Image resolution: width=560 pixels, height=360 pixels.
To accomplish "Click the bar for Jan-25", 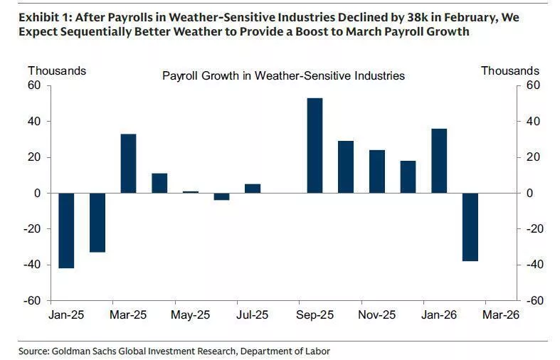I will click(x=66, y=231).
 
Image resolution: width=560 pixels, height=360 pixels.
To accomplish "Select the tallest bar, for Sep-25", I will click(x=315, y=145).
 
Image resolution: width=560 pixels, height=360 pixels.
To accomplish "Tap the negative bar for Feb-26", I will click(x=470, y=227).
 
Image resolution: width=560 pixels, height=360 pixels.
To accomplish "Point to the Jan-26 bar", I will click(x=439, y=161).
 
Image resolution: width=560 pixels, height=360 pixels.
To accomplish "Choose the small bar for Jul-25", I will click(x=253, y=189).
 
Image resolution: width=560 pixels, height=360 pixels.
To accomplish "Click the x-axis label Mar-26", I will click(x=502, y=314).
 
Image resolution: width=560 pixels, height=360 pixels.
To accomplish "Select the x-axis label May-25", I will click(x=191, y=314).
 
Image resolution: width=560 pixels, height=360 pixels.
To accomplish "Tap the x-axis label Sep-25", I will click(x=315, y=314).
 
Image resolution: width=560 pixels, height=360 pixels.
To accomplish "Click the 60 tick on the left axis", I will click(x=35, y=85).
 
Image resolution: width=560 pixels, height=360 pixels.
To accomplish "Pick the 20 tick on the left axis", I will click(x=35, y=157).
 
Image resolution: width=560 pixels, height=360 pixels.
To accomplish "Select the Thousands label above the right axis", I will click(x=509, y=70).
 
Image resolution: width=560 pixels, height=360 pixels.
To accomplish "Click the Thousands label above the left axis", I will click(x=57, y=70).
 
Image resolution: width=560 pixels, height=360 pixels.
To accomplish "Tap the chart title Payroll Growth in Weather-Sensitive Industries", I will click(x=283, y=75).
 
